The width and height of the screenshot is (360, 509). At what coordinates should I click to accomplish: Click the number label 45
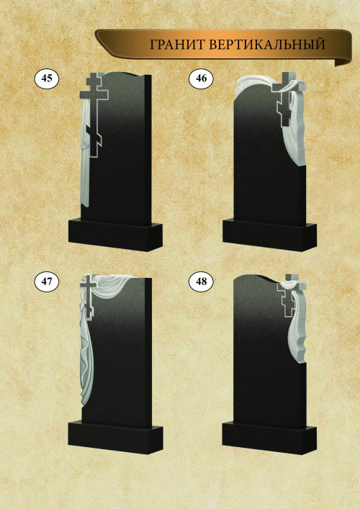tap(47, 78)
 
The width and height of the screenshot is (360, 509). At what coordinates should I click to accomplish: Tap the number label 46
tap(202, 78)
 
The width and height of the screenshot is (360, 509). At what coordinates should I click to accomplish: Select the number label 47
tap(47, 281)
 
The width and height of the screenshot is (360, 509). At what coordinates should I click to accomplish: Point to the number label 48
tap(202, 281)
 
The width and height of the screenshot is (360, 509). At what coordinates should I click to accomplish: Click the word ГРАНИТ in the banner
tap(177, 45)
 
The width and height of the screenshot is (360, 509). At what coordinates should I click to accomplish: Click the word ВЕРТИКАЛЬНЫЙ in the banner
tap(267, 45)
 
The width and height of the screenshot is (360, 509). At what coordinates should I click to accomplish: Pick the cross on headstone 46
tap(287, 101)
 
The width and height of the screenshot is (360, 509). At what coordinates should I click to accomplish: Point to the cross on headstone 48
tap(291, 297)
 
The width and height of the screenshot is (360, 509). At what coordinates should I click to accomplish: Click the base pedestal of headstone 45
tap(115, 235)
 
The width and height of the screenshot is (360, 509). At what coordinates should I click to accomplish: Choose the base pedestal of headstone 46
tap(269, 235)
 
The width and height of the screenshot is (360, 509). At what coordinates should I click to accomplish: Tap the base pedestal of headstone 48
tap(269, 437)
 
